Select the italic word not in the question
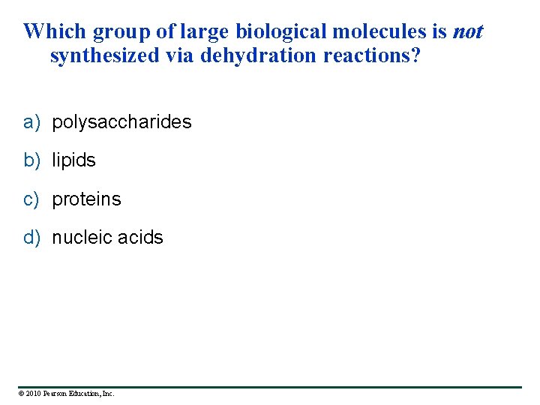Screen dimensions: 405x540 [467, 31]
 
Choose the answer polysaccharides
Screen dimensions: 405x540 [121, 122]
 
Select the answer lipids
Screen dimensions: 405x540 [73, 160]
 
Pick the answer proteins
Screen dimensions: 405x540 [86, 199]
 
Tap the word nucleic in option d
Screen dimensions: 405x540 [80, 238]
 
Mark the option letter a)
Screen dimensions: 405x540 [31, 122]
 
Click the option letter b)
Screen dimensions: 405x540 [31, 160]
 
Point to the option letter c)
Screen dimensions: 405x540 [31, 199]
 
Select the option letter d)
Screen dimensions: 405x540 [31, 238]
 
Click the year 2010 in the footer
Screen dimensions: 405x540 [34, 393]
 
